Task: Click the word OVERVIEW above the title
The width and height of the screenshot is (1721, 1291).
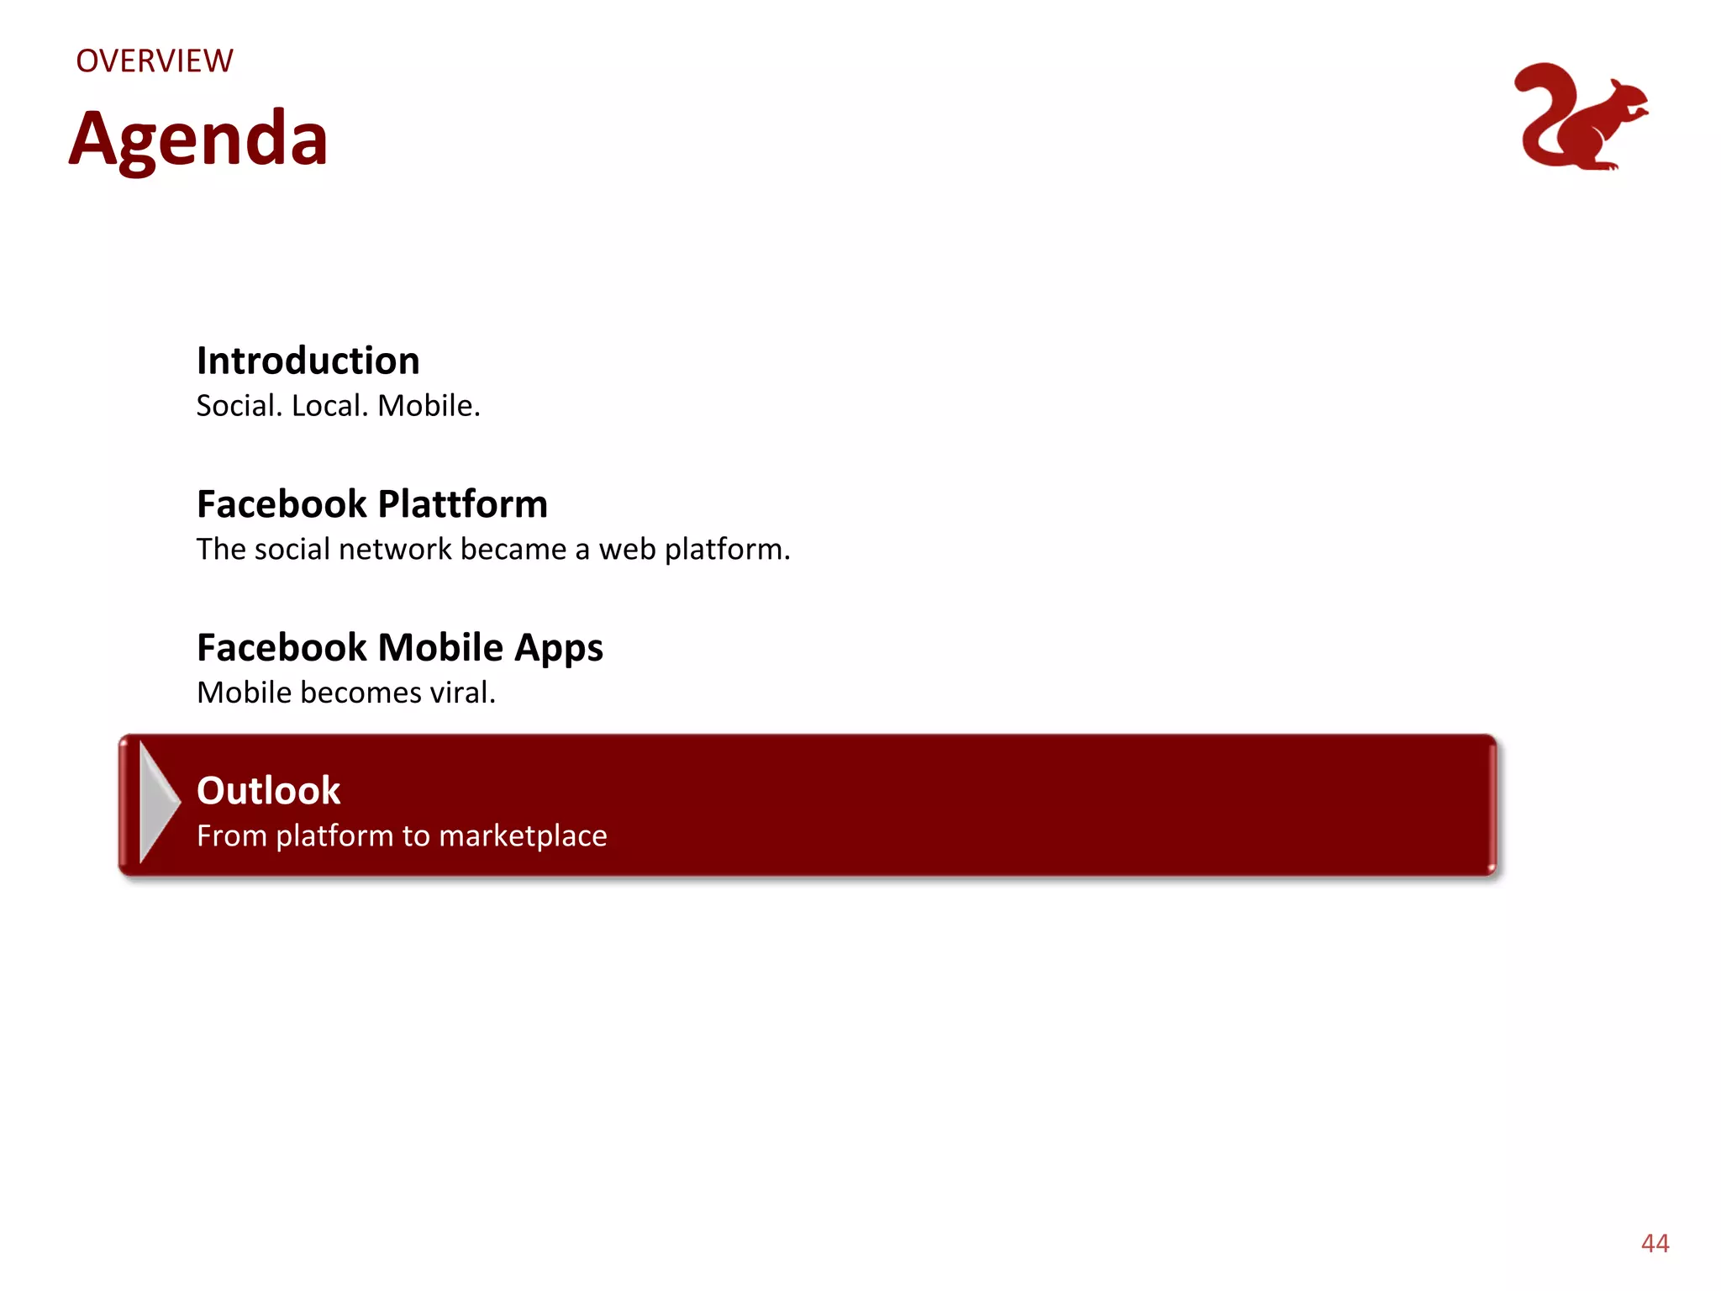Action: point(155,61)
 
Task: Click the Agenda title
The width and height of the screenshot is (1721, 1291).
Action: point(198,140)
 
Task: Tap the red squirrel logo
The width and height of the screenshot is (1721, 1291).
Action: point(1580,118)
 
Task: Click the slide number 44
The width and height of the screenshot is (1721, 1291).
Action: point(1655,1243)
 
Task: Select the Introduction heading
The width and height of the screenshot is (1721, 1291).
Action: point(308,361)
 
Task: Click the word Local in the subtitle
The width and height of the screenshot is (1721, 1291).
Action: point(329,406)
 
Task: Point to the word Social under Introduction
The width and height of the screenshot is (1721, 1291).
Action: point(239,406)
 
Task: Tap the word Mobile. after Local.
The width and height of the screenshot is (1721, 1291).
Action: point(429,406)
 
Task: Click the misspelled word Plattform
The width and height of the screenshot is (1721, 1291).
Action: point(463,504)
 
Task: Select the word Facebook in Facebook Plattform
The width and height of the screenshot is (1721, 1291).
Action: point(282,504)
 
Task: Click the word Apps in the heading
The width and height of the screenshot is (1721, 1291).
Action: point(559,649)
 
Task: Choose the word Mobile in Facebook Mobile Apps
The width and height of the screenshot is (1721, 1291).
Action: point(440,647)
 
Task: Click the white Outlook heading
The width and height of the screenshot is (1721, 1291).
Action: point(268,791)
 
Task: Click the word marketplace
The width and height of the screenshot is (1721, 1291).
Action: point(523,836)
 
